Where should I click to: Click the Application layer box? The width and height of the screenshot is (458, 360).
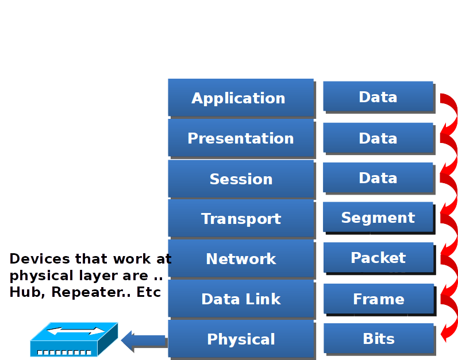tap(241, 98)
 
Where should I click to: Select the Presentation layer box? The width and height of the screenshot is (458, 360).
tap(241, 138)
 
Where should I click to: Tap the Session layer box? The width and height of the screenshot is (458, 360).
tap(241, 179)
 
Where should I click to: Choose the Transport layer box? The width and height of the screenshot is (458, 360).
tap(241, 218)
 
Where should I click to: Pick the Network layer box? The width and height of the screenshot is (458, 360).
tap(241, 258)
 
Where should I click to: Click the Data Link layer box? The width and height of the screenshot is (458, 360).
tap(241, 299)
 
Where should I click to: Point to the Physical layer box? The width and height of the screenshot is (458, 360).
tap(241, 339)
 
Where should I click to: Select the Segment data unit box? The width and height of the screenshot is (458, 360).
tap(378, 218)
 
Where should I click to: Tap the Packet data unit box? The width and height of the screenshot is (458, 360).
tap(378, 258)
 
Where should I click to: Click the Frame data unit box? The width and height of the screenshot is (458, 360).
tap(378, 299)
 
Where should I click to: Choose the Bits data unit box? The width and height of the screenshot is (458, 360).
tap(378, 338)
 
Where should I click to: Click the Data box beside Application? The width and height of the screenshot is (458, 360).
tap(378, 96)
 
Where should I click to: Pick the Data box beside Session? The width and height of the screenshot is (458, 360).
tap(378, 177)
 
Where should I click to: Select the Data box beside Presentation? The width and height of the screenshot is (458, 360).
tap(378, 138)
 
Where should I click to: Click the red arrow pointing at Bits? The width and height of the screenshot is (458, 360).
tap(449, 327)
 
